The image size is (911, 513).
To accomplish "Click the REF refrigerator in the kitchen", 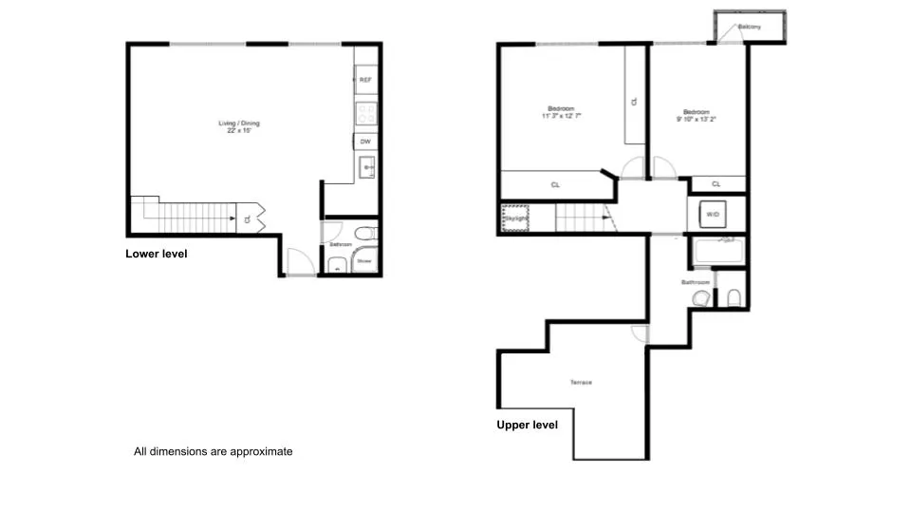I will click(x=365, y=80).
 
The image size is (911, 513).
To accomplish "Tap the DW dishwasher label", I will click(x=365, y=142).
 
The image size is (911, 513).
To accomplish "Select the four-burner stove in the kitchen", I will click(x=365, y=113).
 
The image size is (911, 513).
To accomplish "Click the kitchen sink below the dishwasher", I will click(x=367, y=169).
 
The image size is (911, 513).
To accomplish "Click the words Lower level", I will click(x=157, y=254).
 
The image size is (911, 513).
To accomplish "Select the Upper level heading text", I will click(x=527, y=425).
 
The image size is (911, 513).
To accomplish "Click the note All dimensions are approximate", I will click(x=213, y=452).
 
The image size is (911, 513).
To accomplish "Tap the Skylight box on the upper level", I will click(x=515, y=219).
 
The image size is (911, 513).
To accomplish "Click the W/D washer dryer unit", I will click(x=713, y=215).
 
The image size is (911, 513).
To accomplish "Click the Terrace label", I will click(x=581, y=382).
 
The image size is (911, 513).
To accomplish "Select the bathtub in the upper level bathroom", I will click(x=717, y=253).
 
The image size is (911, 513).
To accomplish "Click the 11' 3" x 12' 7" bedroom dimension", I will click(x=561, y=116).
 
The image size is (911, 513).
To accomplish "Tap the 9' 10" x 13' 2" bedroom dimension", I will click(x=696, y=119).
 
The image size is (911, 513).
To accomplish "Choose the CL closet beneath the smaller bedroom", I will click(x=716, y=184).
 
